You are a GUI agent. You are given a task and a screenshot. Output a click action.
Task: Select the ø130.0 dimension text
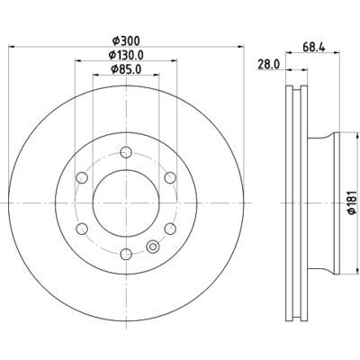pyautogui.click(x=127, y=56)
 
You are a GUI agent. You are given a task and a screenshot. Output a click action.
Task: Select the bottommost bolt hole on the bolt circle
pyautogui.click(x=127, y=255)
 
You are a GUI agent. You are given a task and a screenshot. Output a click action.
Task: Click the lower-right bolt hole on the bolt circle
pyautogui.click(x=170, y=229)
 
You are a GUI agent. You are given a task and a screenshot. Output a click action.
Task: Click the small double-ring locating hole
pyautogui.click(x=152, y=248)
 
